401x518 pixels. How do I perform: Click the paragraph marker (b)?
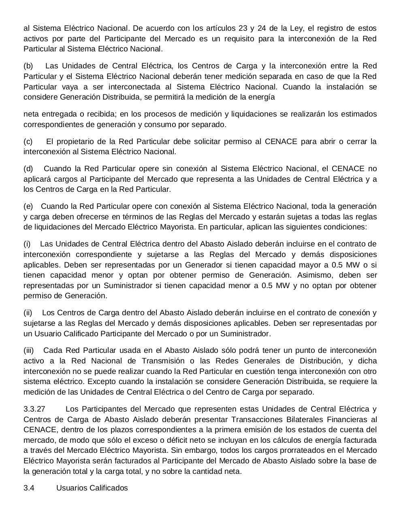point(28,66)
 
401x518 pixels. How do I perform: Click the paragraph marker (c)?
point(28,142)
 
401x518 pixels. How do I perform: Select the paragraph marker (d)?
point(28,169)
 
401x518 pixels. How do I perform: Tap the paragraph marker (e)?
point(28,206)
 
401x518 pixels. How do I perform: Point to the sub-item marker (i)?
point(27,244)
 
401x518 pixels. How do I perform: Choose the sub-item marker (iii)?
point(29,350)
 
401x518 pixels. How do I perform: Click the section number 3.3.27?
point(34,409)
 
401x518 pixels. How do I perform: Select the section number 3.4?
point(29,488)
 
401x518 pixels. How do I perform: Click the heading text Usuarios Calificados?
point(92,488)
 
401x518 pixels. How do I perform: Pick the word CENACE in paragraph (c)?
point(281,142)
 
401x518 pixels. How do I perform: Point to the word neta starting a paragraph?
point(31,114)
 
